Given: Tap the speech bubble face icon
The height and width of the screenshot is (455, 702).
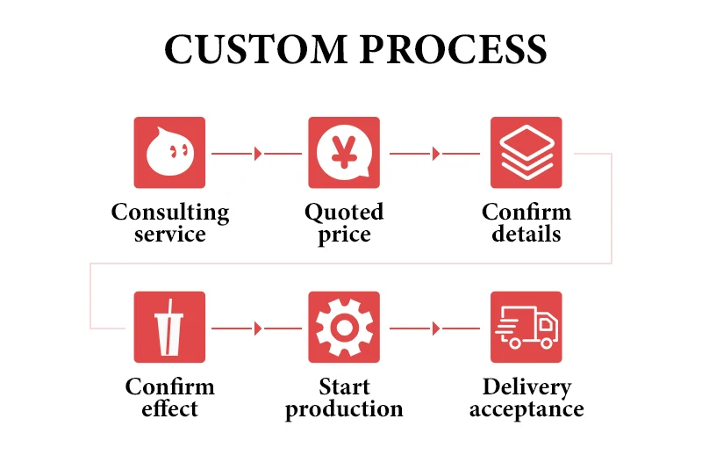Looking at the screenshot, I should point(169,153).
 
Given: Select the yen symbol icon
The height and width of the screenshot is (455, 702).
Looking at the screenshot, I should point(344,153).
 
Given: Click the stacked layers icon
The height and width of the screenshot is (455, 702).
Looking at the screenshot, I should point(526,153).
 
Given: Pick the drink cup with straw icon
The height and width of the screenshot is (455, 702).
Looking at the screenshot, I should point(169,328).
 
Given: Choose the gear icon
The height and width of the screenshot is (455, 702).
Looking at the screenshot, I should point(344,328).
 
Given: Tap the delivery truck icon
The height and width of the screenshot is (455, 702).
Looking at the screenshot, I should point(526,328).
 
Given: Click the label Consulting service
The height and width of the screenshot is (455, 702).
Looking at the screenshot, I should point(170,223).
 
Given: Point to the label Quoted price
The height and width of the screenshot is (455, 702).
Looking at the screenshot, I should point(344,223).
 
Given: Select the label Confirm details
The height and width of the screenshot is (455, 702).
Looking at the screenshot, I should point(526,223).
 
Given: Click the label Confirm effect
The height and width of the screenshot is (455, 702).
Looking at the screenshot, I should point(170,398).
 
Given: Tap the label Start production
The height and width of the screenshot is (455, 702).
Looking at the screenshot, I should point(344,398).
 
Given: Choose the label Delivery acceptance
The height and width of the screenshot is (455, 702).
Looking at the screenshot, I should point(526,398).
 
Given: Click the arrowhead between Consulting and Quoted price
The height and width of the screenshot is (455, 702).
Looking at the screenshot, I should point(258,154).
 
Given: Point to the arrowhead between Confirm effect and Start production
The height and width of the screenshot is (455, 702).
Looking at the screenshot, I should point(258,329).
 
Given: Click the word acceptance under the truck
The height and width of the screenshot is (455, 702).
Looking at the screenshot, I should point(526,409).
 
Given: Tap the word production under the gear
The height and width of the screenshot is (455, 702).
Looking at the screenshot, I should point(344,409).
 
